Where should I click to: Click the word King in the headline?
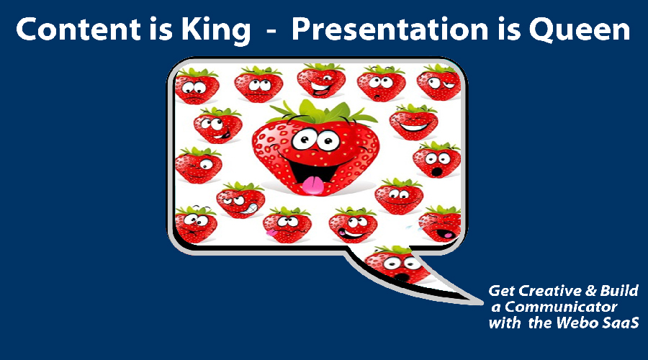point(216,30)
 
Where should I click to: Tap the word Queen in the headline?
point(579,30)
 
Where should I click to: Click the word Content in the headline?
point(78,30)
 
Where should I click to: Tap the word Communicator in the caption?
point(560,307)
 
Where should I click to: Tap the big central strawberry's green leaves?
point(323,112)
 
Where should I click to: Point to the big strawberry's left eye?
point(304,140)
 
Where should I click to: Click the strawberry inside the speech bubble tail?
point(396,264)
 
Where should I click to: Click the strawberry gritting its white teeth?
point(240,200)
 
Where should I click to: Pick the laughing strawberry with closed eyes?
point(413,122)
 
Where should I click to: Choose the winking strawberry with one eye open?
point(199,166)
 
